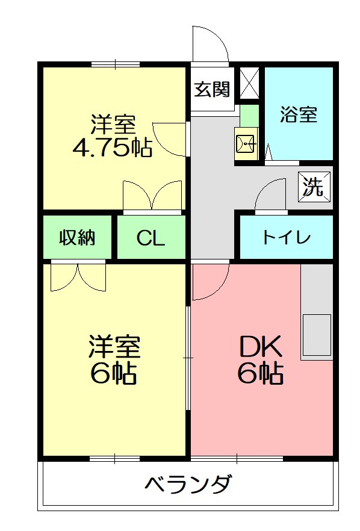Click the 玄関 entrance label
point(213,90)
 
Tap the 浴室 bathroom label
point(299,114)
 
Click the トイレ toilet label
point(286,237)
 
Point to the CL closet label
point(151,238)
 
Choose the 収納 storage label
point(77,238)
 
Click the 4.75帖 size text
point(112,148)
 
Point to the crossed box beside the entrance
point(250,83)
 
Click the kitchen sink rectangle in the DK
point(317,335)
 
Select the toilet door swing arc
point(271,195)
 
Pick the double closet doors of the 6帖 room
point(78,276)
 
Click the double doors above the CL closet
point(152,195)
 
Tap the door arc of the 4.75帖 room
point(170,139)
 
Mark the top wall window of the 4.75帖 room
point(116,64)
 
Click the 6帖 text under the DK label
point(261,374)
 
